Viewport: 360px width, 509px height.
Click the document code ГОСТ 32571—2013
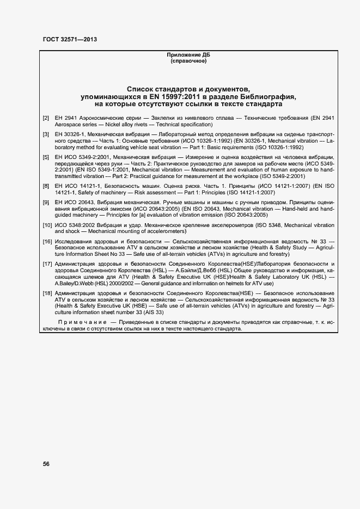[x=69, y=39]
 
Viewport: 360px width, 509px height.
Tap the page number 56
[x=47, y=464]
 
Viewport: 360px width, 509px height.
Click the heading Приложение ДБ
[x=188, y=55]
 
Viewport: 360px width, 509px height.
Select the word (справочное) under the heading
[x=188, y=61]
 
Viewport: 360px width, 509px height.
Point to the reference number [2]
[x=46, y=118]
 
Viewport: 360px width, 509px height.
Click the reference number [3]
[x=46, y=133]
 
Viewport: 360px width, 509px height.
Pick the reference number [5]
[x=46, y=156]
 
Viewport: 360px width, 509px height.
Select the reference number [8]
[x=46, y=186]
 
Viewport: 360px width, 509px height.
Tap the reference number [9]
[x=46, y=202]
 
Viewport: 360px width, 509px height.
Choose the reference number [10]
[x=47, y=225]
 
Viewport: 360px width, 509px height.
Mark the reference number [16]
[x=47, y=241]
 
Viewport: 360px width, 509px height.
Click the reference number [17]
[x=47, y=263]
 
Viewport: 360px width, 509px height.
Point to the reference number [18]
[x=47, y=293]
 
